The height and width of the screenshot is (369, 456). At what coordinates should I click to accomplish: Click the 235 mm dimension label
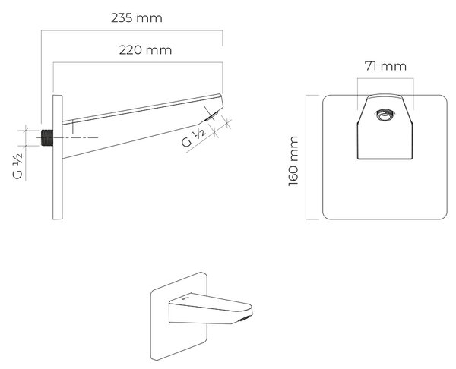[136, 18]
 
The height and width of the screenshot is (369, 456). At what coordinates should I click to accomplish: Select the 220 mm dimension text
[145, 50]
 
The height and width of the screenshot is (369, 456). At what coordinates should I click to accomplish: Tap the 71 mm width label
[385, 66]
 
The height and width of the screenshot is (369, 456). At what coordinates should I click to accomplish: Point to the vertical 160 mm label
[293, 161]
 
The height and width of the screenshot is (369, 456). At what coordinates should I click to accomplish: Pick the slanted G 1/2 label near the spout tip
[194, 137]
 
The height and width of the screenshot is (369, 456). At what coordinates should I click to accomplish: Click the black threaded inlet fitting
[47, 137]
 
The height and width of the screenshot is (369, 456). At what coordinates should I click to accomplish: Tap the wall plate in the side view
[57, 157]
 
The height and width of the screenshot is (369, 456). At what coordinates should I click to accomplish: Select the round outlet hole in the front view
[385, 115]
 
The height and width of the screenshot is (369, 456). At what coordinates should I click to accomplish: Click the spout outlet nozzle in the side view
[211, 116]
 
